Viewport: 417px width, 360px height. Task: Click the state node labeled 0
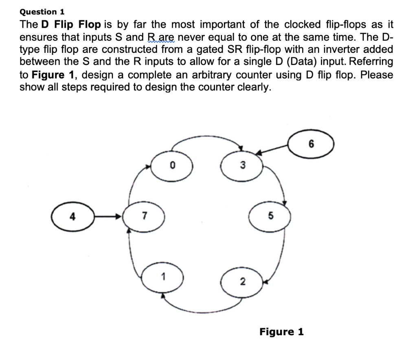pyautogui.click(x=172, y=166)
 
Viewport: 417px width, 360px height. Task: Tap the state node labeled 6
pyautogui.click(x=312, y=144)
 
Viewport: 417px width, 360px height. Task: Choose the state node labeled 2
pyautogui.click(x=242, y=281)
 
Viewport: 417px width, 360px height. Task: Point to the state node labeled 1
pyautogui.click(x=163, y=278)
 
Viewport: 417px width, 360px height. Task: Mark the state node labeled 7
pyautogui.click(x=145, y=216)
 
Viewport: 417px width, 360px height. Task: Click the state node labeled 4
pyautogui.click(x=73, y=216)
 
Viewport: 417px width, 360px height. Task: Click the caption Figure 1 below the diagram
pyautogui.click(x=281, y=332)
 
